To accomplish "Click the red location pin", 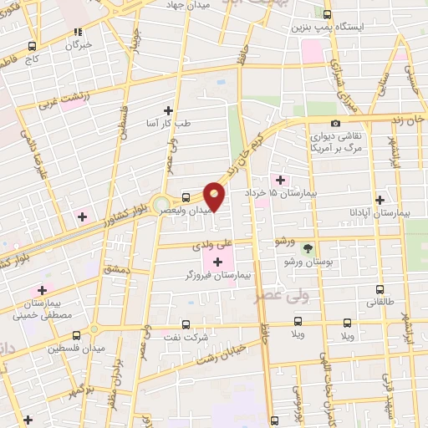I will coord(215,195).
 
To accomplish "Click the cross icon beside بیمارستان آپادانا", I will coord(380,200).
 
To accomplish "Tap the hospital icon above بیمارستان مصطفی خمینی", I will coord(42,290).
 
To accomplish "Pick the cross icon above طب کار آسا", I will coord(169,110).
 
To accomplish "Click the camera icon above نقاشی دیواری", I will coord(335,125).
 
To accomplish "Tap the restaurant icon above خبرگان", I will coord(78,32).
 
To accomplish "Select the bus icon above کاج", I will coord(33,47).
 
